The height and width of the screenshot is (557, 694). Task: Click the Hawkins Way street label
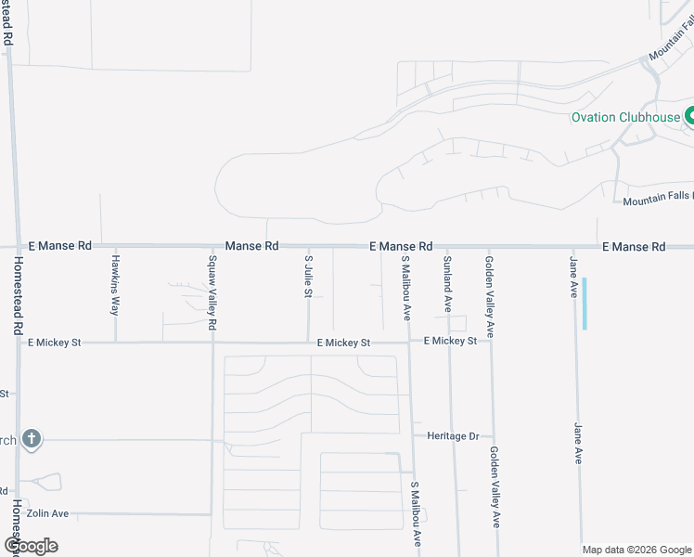click(x=116, y=283)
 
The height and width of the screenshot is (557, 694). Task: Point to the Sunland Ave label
click(x=447, y=282)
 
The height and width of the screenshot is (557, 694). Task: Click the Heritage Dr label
click(x=453, y=435)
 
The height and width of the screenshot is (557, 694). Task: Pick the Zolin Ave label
click(x=47, y=513)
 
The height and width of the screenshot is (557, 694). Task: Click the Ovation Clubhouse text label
click(x=625, y=118)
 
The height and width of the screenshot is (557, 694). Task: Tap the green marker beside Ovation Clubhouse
click(x=690, y=117)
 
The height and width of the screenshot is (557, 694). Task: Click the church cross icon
click(x=31, y=439)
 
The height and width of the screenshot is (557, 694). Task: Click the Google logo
click(x=31, y=546)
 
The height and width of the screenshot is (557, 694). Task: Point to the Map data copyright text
click(x=637, y=550)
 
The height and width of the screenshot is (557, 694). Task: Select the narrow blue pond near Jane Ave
click(x=585, y=304)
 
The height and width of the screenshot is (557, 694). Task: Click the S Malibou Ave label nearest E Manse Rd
click(x=405, y=287)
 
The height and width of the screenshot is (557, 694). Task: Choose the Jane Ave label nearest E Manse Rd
click(x=574, y=276)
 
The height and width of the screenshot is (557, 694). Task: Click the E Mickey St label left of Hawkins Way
click(x=54, y=343)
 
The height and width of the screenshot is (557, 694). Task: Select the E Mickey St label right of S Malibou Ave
click(x=450, y=342)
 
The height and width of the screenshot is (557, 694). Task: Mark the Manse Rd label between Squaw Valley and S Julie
click(x=251, y=246)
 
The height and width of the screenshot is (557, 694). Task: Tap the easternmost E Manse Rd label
click(x=634, y=247)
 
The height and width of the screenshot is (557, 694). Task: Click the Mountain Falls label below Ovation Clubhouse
click(x=657, y=201)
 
